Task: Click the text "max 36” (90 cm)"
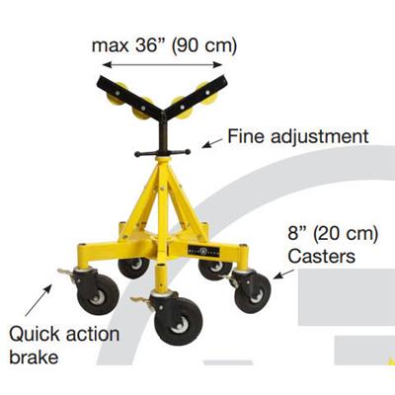click(164, 45)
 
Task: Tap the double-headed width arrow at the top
click(163, 64)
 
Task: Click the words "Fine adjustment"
click(298, 136)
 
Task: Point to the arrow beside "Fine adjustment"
click(212, 143)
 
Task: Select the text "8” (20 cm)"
click(333, 234)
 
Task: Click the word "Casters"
click(322, 256)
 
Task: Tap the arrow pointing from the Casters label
click(283, 274)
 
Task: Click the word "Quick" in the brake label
click(35, 335)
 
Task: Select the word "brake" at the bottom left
click(34, 356)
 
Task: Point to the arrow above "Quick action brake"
click(39, 300)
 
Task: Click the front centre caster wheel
click(179, 321)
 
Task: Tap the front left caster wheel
click(98, 295)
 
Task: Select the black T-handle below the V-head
click(163, 153)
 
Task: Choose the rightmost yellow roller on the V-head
click(207, 92)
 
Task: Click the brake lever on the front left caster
click(66, 274)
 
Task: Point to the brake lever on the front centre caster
click(141, 301)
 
